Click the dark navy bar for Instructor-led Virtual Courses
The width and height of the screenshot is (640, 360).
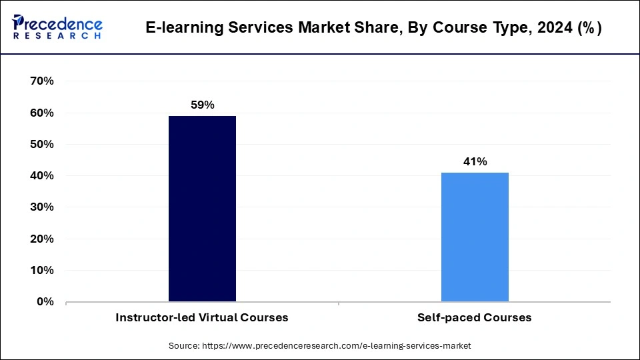(202, 209)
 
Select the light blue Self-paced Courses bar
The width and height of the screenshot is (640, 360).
(475, 237)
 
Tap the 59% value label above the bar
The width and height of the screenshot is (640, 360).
(202, 105)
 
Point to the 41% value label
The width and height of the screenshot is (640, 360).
(475, 161)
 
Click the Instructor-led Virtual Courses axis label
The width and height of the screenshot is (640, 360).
(202, 317)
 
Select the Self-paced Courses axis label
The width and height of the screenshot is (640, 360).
(475, 317)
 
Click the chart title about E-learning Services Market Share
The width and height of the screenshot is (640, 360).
(373, 28)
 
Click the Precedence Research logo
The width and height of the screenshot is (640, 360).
(57, 27)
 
